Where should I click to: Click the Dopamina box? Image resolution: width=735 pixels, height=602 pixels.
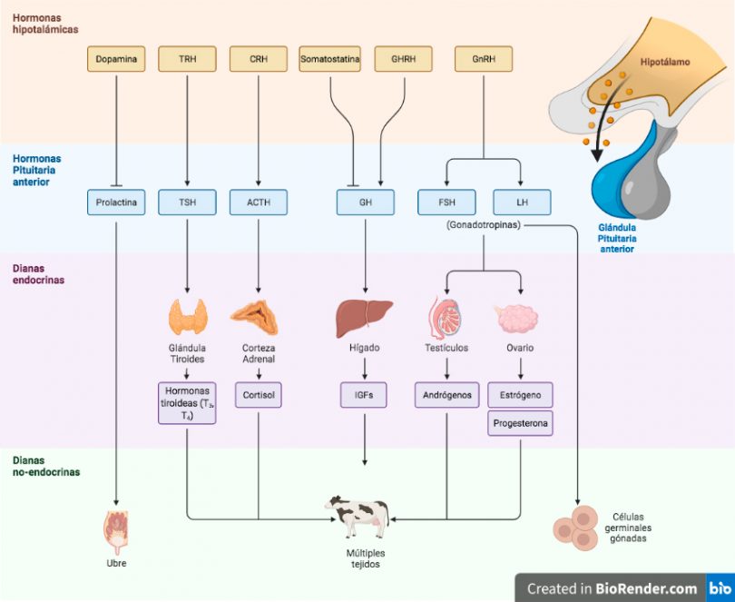click(x=116, y=59)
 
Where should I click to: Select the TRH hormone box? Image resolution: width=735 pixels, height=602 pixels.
click(x=188, y=59)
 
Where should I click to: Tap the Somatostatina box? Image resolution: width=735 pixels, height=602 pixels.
click(x=330, y=59)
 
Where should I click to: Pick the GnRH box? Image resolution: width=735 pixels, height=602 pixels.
click(x=484, y=59)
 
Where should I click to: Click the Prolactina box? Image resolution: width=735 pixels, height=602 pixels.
click(x=116, y=202)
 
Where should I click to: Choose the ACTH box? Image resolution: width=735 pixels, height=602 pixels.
click(x=259, y=202)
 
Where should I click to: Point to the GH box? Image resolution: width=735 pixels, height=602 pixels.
click(x=366, y=202)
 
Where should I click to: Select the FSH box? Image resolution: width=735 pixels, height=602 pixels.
click(x=446, y=202)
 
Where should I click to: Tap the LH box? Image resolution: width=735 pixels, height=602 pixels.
click(x=522, y=202)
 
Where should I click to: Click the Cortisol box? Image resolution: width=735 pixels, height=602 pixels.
click(x=259, y=395)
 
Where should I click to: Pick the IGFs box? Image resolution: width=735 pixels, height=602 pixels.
click(x=364, y=395)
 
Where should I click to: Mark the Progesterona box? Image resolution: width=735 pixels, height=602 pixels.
click(x=520, y=423)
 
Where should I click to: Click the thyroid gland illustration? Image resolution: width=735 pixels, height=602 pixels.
click(x=188, y=317)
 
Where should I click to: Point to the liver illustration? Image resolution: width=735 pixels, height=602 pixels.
click(x=364, y=318)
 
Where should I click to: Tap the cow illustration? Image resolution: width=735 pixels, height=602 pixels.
click(x=358, y=517)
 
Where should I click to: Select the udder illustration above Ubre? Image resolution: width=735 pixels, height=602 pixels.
click(x=115, y=533)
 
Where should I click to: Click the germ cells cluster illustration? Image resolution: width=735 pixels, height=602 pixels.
click(x=576, y=527)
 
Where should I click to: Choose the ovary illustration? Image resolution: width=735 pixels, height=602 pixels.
click(x=517, y=318)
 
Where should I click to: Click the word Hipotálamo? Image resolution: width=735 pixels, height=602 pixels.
click(x=665, y=62)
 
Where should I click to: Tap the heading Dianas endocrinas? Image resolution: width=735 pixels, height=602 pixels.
click(x=38, y=274)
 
